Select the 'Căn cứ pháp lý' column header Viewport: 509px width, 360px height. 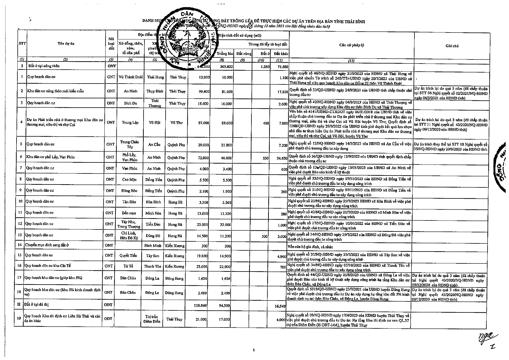[x=352, y=45]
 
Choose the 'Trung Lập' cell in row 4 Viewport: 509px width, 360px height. [x=130, y=122]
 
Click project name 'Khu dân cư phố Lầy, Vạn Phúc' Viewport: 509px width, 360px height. [x=50, y=157]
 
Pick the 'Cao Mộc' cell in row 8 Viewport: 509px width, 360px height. [x=129, y=180]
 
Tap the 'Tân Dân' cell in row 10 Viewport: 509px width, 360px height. [x=129, y=202]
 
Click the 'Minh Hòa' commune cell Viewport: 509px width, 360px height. [x=153, y=213]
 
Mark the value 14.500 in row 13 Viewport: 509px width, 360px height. [x=202, y=236]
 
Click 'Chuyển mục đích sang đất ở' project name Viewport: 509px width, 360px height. [x=47, y=245]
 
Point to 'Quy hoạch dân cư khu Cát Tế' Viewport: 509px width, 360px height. [x=48, y=266]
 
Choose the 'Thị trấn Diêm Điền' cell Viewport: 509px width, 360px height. [x=153, y=319]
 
